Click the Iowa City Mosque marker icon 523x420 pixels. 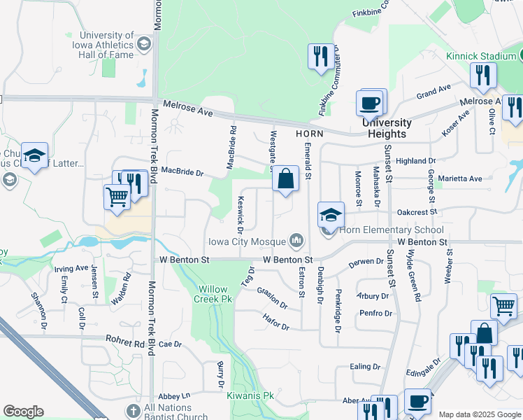(297, 241)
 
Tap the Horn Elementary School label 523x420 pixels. (392, 230)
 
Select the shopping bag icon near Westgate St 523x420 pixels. (286, 179)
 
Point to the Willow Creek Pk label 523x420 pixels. (214, 293)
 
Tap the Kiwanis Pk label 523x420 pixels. (250, 396)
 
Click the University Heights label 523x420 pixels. (387, 128)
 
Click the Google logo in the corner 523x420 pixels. (23, 412)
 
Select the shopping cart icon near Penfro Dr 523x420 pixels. (503, 306)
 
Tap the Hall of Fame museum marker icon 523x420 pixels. (144, 44)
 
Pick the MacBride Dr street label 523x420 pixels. (182, 171)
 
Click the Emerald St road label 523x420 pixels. (308, 158)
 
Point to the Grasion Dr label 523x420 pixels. (272, 297)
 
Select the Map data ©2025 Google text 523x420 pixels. (480, 414)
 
